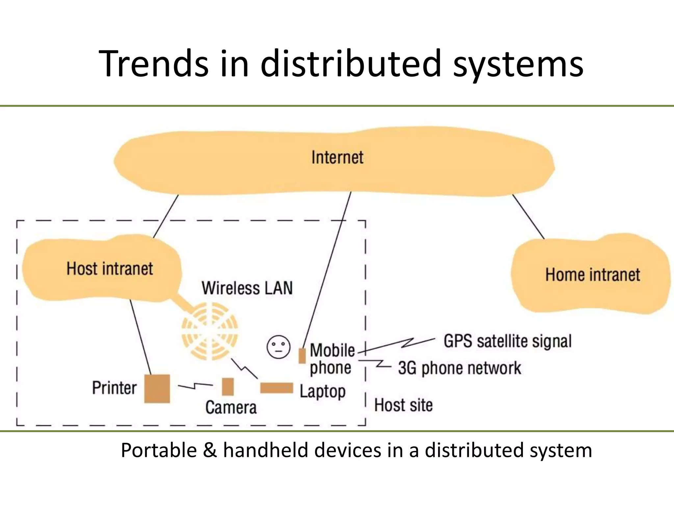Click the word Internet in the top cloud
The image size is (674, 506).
click(337, 157)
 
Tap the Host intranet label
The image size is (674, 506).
click(110, 268)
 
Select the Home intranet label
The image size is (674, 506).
click(592, 275)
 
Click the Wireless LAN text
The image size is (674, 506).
click(247, 288)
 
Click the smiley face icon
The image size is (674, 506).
click(278, 347)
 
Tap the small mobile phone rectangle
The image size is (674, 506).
click(302, 356)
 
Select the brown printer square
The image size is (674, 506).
click(157, 388)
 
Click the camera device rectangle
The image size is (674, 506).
click(228, 386)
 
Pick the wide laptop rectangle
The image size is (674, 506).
click(276, 388)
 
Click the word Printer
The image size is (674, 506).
click(114, 388)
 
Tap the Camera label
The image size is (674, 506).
click(231, 408)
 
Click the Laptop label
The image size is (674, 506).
click(323, 392)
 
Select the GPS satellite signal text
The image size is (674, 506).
click(507, 341)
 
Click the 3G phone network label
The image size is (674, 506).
click(459, 368)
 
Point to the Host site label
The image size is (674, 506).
click(403, 405)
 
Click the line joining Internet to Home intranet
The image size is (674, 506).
click(528, 216)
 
